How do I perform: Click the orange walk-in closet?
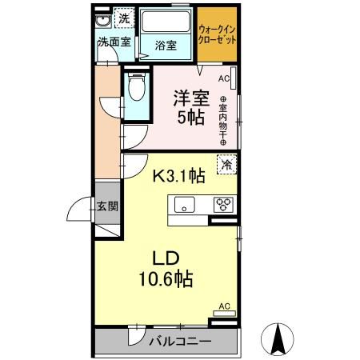coord(216,35)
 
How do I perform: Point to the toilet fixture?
coord(135,88)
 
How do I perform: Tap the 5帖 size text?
coord(190,117)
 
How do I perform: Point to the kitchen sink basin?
coord(185,205)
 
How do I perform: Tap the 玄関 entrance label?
coord(108,206)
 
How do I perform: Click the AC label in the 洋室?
coord(223,78)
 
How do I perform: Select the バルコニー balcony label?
coord(180,342)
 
